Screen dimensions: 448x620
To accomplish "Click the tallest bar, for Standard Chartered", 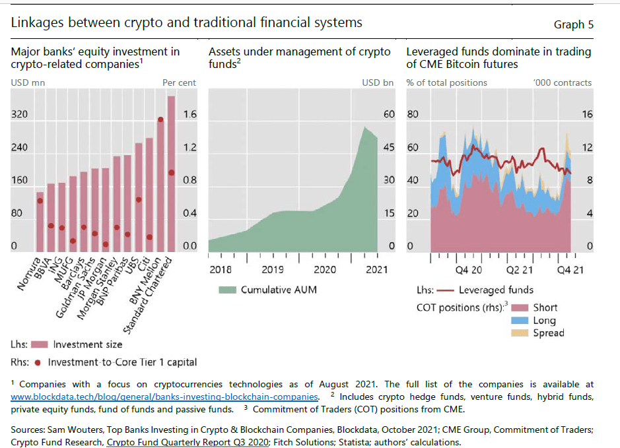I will tap(171, 174).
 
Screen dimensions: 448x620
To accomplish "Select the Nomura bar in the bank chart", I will tap(40, 222).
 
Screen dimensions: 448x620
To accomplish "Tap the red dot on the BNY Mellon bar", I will tap(160, 119).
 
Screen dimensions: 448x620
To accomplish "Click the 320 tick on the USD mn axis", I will tap(19, 114).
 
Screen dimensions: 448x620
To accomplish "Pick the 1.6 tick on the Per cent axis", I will tap(189, 114).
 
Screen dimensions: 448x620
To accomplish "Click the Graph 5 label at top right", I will tap(573, 24).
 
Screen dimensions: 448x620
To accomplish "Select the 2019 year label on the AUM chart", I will tap(273, 269).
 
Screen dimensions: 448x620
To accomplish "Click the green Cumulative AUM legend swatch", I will tap(227, 290).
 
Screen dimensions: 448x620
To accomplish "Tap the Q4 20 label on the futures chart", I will tap(469, 269).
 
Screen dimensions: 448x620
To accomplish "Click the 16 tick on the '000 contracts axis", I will tap(586, 114).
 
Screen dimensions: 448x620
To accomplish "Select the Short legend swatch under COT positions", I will tap(522, 307).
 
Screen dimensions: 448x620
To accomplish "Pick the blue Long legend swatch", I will tap(522, 320).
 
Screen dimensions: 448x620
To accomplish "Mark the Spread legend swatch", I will tap(522, 333).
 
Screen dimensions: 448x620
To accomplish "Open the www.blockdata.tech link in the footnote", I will tap(164, 397).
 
